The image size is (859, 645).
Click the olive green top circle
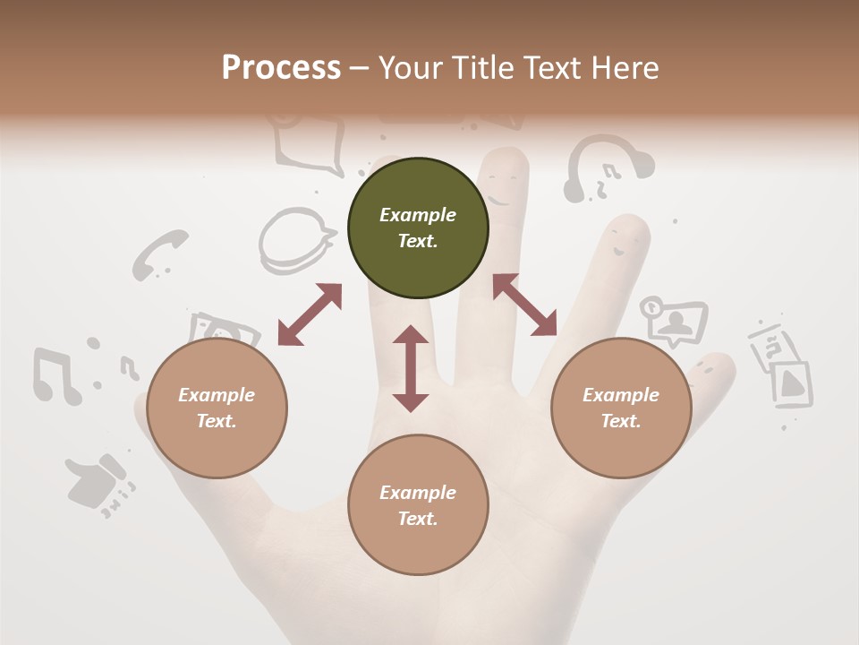[x=418, y=228]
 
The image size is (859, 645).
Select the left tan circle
[x=217, y=408]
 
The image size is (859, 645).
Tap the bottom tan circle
[x=418, y=505]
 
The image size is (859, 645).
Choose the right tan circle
[x=621, y=408]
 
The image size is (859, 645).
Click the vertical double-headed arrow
[x=411, y=369]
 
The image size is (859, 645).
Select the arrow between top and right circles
[x=524, y=305]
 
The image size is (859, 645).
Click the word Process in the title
[x=281, y=67]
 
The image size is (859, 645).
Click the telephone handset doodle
[x=159, y=254]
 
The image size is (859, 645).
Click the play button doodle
[x=791, y=383]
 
